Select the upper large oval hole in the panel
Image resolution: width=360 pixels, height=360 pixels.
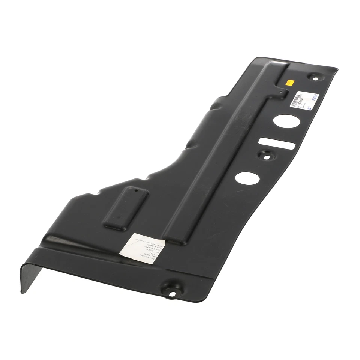(x=284, y=120)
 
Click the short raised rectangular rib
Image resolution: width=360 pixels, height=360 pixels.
(x=126, y=207)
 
